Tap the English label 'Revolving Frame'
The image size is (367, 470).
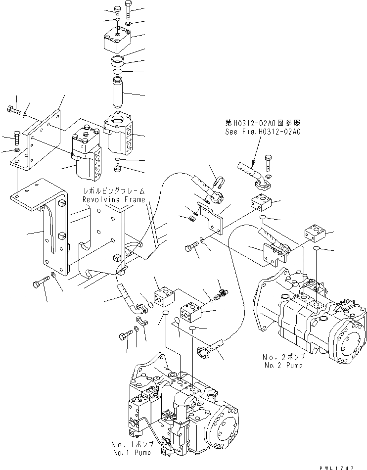pos(114,199)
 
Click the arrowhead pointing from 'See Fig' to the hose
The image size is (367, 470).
pos(252,161)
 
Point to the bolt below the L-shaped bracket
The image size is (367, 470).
pos(39,284)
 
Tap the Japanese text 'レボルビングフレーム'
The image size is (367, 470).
pos(114,191)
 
